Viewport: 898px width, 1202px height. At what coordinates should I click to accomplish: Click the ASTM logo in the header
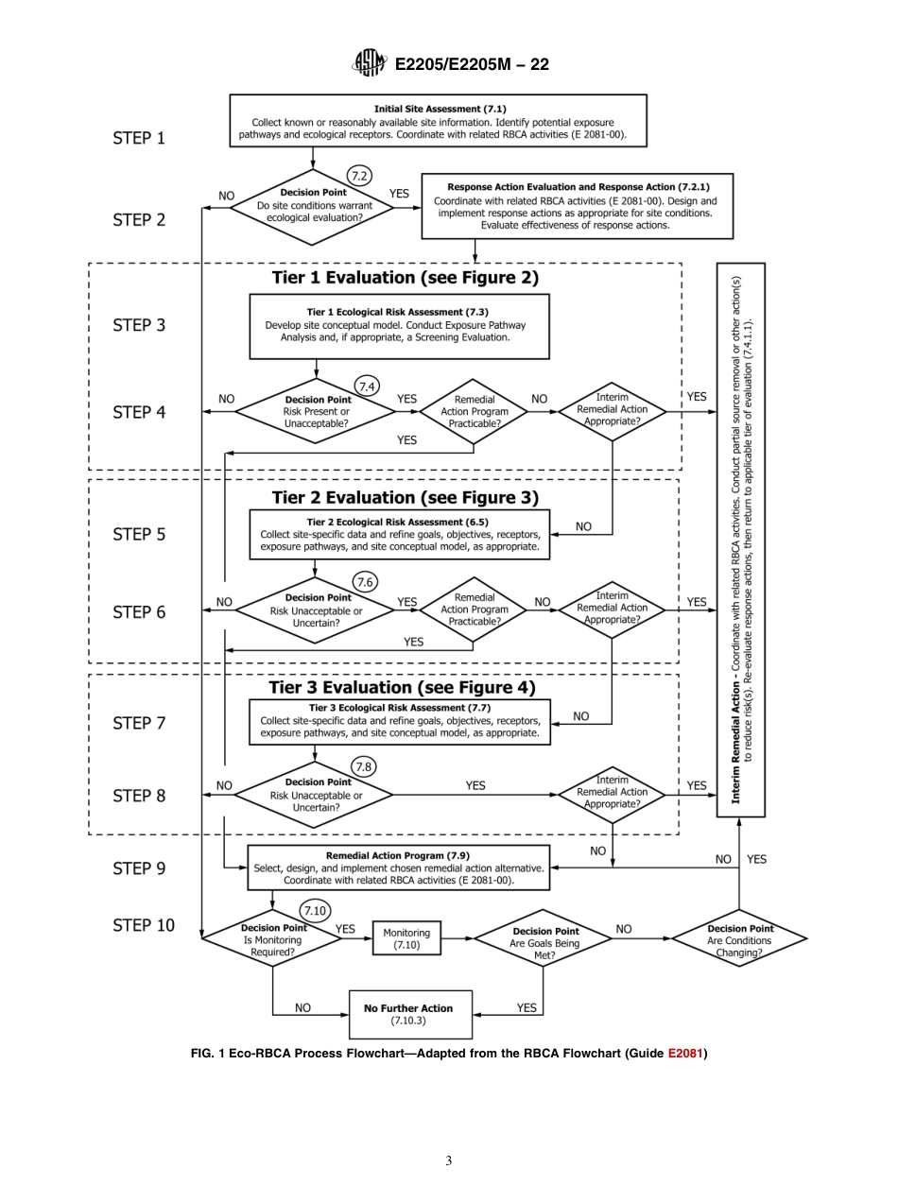pyautogui.click(x=370, y=63)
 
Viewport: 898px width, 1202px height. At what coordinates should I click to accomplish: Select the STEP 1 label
pyautogui.click(x=139, y=138)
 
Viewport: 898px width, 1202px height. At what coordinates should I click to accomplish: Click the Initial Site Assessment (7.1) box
pyautogui.click(x=439, y=121)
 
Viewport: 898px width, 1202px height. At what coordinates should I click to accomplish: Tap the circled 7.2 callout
pyautogui.click(x=359, y=176)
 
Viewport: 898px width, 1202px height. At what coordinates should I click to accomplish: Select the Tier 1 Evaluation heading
pyautogui.click(x=405, y=277)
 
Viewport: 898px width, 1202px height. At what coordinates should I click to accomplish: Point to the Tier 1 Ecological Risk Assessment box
pyautogui.click(x=399, y=326)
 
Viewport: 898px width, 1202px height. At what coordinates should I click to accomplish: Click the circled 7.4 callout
pyautogui.click(x=367, y=386)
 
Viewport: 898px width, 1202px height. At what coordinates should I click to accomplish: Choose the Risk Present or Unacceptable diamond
pyautogui.click(x=316, y=411)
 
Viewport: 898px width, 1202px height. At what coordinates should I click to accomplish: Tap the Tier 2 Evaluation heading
pyautogui.click(x=405, y=497)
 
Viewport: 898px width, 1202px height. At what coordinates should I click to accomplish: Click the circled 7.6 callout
pyautogui.click(x=364, y=582)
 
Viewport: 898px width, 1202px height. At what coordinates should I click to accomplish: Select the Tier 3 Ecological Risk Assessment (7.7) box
pyautogui.click(x=399, y=721)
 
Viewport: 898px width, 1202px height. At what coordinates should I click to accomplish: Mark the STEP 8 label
pyautogui.click(x=139, y=796)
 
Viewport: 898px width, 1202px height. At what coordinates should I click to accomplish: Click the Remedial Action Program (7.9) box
pyautogui.click(x=398, y=867)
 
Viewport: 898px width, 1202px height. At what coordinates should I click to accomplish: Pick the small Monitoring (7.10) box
pyautogui.click(x=406, y=938)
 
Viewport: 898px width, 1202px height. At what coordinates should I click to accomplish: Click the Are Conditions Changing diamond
pyautogui.click(x=739, y=940)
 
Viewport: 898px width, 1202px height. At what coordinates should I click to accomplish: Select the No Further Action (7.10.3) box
pyautogui.click(x=408, y=1014)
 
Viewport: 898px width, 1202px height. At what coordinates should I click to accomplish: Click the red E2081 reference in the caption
pyautogui.click(x=685, y=1054)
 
